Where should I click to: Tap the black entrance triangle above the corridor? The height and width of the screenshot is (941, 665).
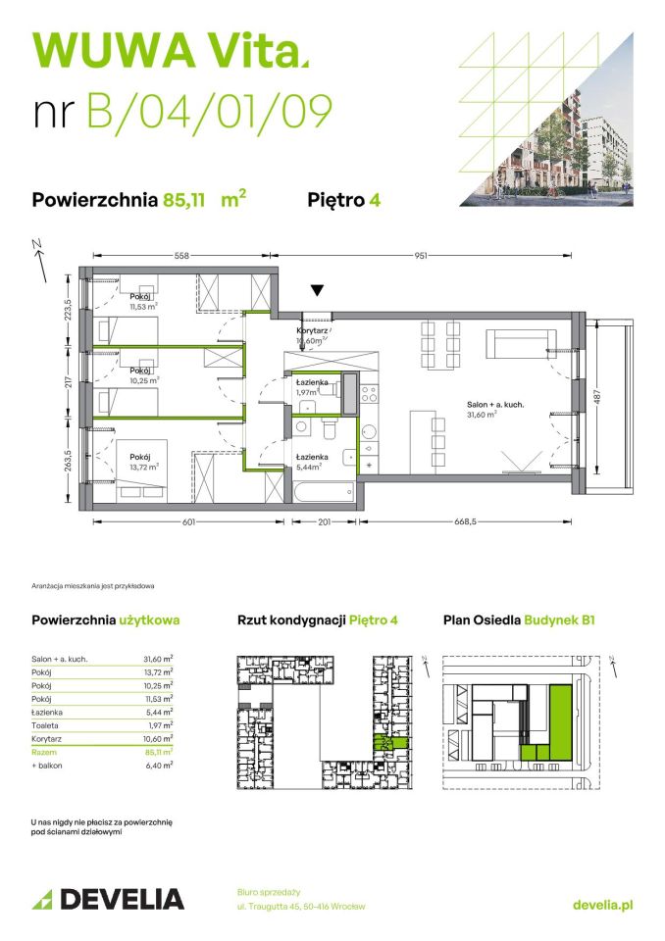click(316, 290)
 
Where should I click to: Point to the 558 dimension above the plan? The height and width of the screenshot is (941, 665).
click(181, 256)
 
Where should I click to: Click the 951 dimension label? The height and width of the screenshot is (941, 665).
click(420, 256)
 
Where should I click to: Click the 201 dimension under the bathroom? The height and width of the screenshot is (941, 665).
click(325, 521)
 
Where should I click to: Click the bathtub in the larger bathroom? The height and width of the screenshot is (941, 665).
click(323, 487)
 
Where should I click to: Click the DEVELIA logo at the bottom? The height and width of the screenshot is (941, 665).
click(109, 900)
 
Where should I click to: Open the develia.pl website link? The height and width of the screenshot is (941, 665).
click(601, 905)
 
